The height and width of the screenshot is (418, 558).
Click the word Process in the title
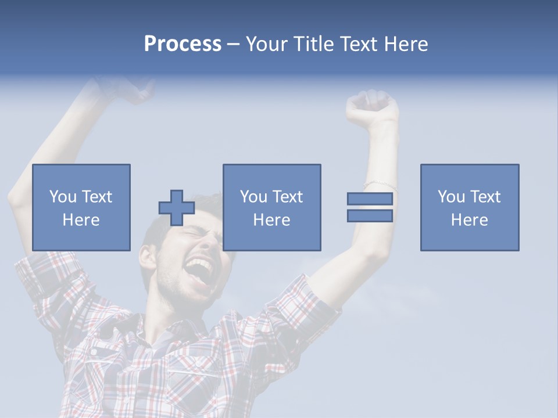[183, 44]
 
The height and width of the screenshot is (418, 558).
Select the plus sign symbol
[177, 208]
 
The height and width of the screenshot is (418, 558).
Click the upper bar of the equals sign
[370, 199]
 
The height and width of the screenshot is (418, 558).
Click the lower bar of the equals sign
[370, 215]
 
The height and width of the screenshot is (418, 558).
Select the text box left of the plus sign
[81, 207]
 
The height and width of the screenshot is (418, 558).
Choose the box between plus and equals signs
[271, 207]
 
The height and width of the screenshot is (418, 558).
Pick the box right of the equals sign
[469, 207]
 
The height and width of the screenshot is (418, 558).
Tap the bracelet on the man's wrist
[381, 185]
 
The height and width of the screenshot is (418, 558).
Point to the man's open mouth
[199, 270]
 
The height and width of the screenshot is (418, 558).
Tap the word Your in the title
[265, 44]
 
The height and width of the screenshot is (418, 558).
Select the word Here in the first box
[81, 219]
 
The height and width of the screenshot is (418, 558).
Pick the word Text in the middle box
[287, 197]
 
